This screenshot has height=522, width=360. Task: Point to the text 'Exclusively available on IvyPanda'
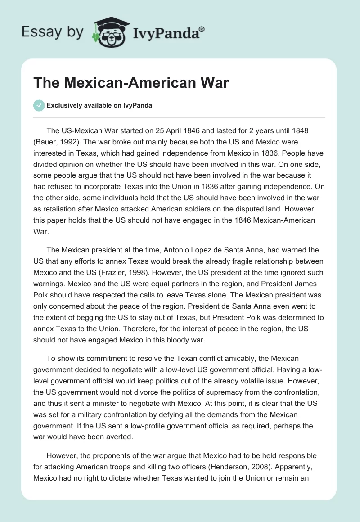pyautogui.click(x=99, y=105)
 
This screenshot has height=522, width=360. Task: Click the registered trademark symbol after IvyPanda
pyautogui.click(x=202, y=28)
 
